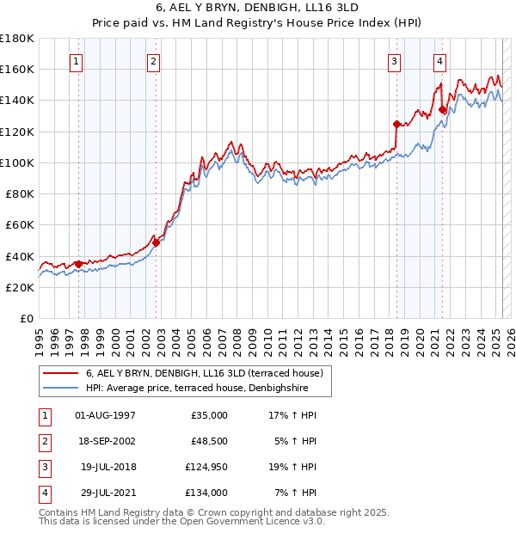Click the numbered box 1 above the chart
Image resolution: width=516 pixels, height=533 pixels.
[x=77, y=61]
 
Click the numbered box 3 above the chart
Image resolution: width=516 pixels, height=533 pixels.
[x=394, y=61]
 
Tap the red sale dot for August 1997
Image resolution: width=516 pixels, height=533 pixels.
[x=78, y=264]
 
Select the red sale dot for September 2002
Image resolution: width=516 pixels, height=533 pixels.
[x=156, y=242]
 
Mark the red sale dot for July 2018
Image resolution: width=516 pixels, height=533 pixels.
[x=396, y=124]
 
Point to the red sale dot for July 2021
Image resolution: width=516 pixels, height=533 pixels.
[x=443, y=109]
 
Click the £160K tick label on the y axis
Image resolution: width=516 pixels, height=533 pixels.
[x=17, y=69]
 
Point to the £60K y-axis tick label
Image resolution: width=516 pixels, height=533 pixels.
[x=20, y=224]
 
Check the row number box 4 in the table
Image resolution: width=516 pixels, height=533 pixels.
[x=43, y=493]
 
